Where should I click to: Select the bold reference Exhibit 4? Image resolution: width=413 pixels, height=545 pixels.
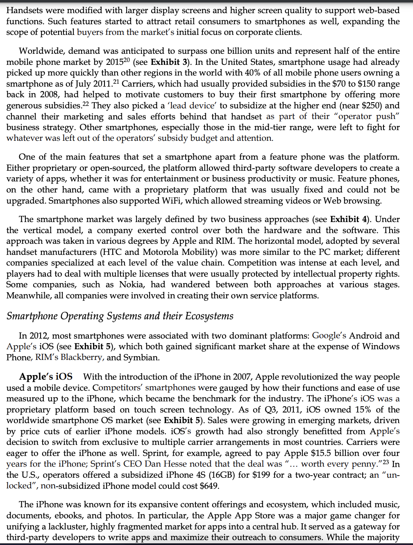pyautogui.click(x=349, y=219)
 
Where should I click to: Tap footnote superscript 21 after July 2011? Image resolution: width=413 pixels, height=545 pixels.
pyautogui.click(x=116, y=82)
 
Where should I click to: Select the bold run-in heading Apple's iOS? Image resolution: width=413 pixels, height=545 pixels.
pyautogui.click(x=46, y=377)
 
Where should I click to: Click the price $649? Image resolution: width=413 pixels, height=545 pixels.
pyautogui.click(x=209, y=486)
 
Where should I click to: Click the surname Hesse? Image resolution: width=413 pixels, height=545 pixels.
pyautogui.click(x=175, y=464)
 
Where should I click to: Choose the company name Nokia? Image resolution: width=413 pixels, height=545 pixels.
pyautogui.click(x=132, y=285)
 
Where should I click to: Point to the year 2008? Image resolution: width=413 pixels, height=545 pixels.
pyautogui.click(x=50, y=95)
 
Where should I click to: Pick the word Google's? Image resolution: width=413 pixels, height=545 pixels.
pyautogui.click(x=329, y=336)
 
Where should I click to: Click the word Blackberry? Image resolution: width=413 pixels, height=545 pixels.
pyautogui.click(x=82, y=357)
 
